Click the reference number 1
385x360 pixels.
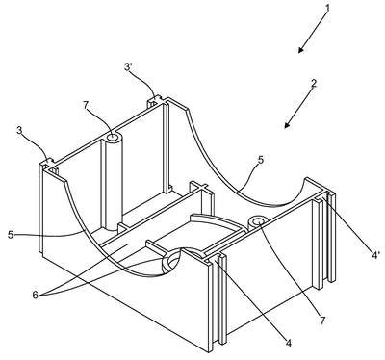[327, 9]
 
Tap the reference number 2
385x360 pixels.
[314, 84]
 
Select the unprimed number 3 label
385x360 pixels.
[19, 131]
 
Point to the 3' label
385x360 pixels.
[128, 67]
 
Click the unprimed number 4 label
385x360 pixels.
[289, 343]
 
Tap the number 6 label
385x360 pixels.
[36, 295]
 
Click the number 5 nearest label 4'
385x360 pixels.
[261, 160]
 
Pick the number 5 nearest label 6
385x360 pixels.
[11, 235]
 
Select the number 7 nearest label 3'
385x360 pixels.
[86, 105]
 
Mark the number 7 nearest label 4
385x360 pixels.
[322, 320]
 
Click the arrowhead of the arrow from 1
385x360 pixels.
[300, 50]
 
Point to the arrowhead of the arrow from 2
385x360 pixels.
[287, 125]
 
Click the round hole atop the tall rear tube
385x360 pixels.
[114, 138]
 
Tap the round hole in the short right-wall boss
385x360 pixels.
[259, 221]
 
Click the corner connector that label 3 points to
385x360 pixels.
[49, 165]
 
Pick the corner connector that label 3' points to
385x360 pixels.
[156, 102]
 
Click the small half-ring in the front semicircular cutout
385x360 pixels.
[171, 262]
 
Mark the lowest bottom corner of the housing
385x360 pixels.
[210, 351]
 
